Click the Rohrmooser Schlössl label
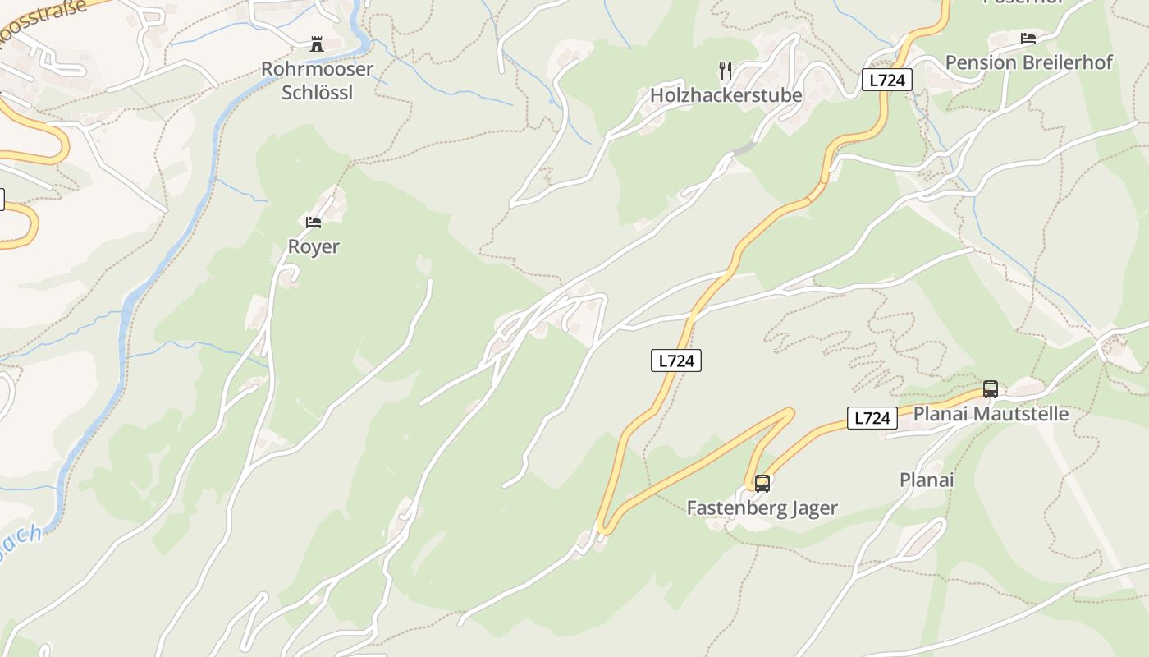click(317, 80)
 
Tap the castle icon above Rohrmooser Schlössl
click(317, 44)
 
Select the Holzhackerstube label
click(726, 95)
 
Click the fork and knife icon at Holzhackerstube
click(725, 70)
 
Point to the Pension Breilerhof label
click(1028, 62)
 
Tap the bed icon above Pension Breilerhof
click(1028, 38)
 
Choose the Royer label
click(314, 246)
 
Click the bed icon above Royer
click(314, 222)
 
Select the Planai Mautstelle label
click(991, 413)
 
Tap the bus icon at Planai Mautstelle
click(991, 388)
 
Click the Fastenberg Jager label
click(762, 508)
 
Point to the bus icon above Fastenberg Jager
click(762, 483)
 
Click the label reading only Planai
click(927, 480)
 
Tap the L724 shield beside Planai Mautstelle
click(872, 418)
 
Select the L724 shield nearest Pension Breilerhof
click(886, 80)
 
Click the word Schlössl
click(317, 92)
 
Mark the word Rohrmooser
click(317, 69)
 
